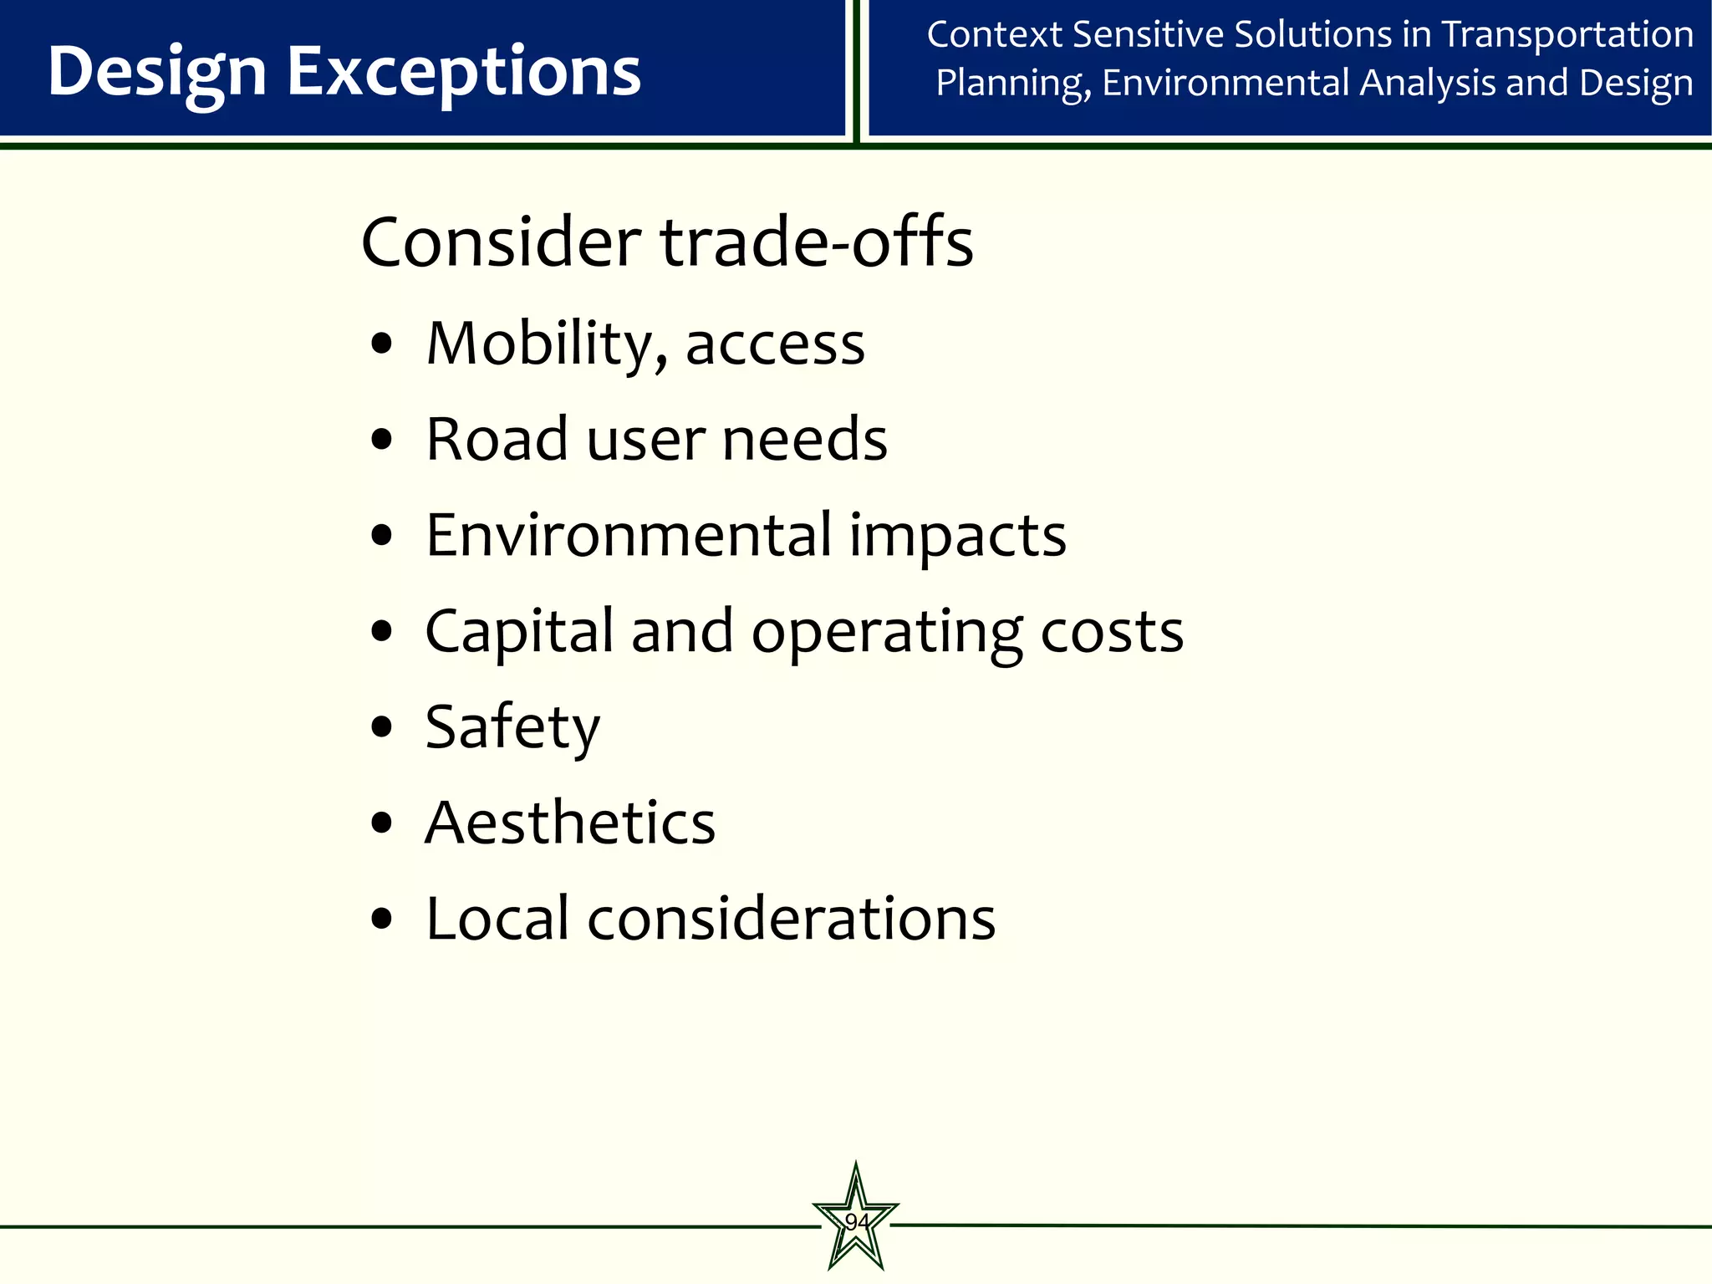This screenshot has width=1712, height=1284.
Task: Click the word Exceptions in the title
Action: point(464,72)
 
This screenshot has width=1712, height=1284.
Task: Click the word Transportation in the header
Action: point(1567,35)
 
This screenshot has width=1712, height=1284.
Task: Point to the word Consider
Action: point(501,242)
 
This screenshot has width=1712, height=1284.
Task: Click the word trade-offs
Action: point(817,242)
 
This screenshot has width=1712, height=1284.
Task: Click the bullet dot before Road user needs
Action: point(381,440)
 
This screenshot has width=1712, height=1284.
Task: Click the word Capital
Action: point(519,632)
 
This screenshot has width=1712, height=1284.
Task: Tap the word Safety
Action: point(512,728)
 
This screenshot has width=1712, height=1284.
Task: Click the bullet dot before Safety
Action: point(381,727)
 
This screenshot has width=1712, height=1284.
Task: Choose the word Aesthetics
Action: point(570,823)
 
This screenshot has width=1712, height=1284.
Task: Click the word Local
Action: point(497,919)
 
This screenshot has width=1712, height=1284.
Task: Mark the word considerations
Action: point(792,919)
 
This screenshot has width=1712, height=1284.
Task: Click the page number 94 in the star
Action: point(856,1222)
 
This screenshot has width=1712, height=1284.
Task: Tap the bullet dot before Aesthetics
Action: point(381,823)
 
